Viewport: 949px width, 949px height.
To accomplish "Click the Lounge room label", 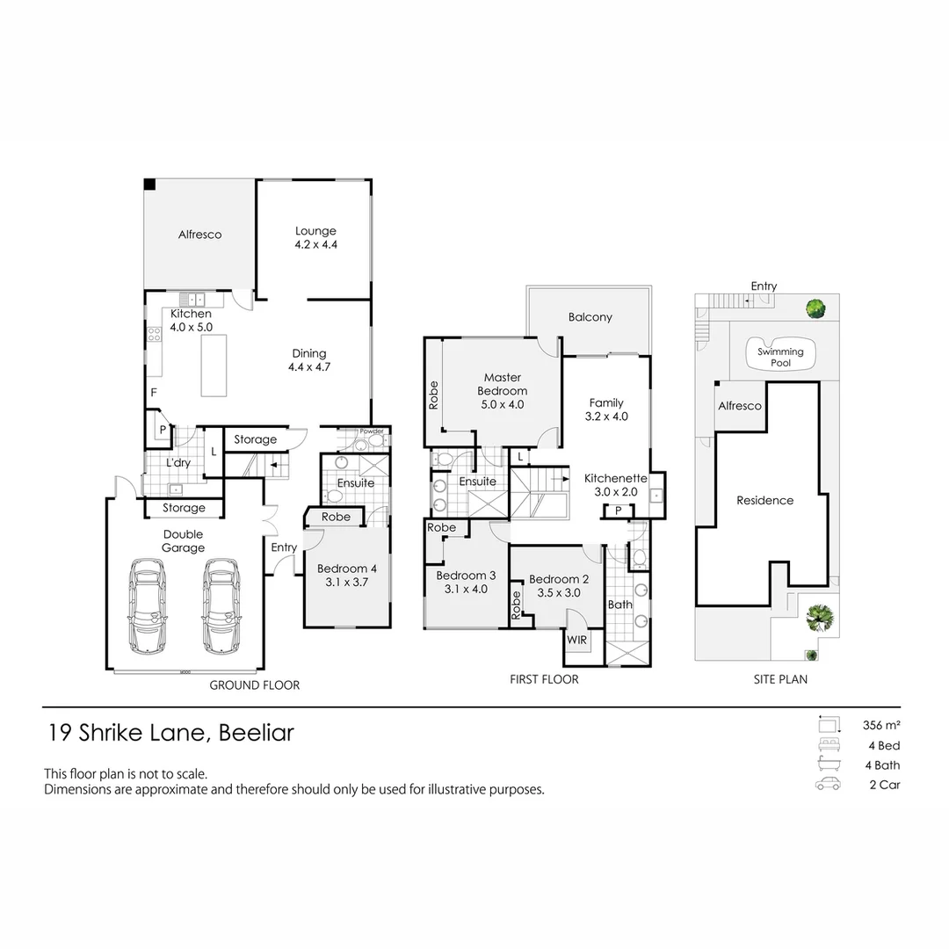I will point(315,232).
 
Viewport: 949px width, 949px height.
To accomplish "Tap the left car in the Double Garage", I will point(149,605).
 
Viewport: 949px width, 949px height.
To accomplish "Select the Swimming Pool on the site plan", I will point(780,357).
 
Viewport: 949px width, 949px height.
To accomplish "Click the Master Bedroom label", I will point(502,384).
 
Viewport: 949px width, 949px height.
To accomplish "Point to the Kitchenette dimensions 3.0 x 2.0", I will point(616,491).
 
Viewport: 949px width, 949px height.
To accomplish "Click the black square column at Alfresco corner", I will point(150,184).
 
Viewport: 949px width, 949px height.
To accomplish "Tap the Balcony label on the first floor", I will point(590,317).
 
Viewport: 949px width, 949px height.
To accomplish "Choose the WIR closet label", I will point(577,639).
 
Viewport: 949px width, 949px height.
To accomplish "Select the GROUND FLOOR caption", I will point(254,685).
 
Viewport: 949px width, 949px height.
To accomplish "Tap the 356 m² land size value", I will point(881,726).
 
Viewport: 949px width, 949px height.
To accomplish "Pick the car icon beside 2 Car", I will point(828,785).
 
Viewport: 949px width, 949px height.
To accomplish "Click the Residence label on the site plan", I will point(764,500).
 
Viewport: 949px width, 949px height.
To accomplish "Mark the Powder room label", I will point(371,431).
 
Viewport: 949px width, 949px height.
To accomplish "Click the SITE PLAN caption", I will point(780,679).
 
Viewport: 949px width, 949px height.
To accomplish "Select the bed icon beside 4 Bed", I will point(828,745).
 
